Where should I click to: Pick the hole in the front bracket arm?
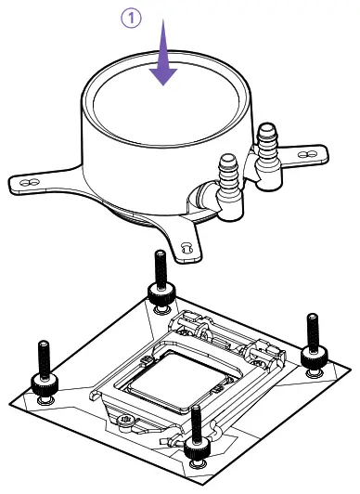click(186, 248)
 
